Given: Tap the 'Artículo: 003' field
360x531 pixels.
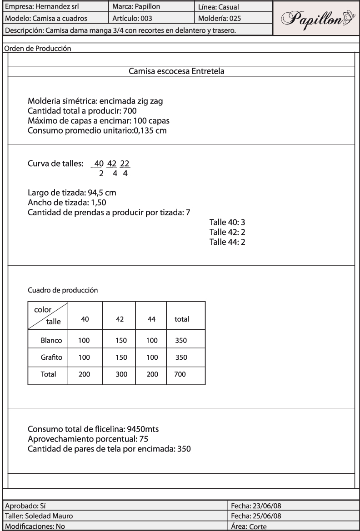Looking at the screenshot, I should click(x=132, y=19).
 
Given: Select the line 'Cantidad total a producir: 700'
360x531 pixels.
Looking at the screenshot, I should click(x=82, y=111).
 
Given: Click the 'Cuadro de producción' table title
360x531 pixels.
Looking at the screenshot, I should click(x=63, y=289).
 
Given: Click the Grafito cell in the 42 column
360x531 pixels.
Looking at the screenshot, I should click(x=120, y=357).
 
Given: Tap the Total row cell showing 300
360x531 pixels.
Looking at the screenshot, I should click(x=120, y=375).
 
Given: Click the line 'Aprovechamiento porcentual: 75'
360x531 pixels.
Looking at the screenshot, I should click(x=88, y=439).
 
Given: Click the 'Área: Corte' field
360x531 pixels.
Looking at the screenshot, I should click(x=249, y=527).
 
